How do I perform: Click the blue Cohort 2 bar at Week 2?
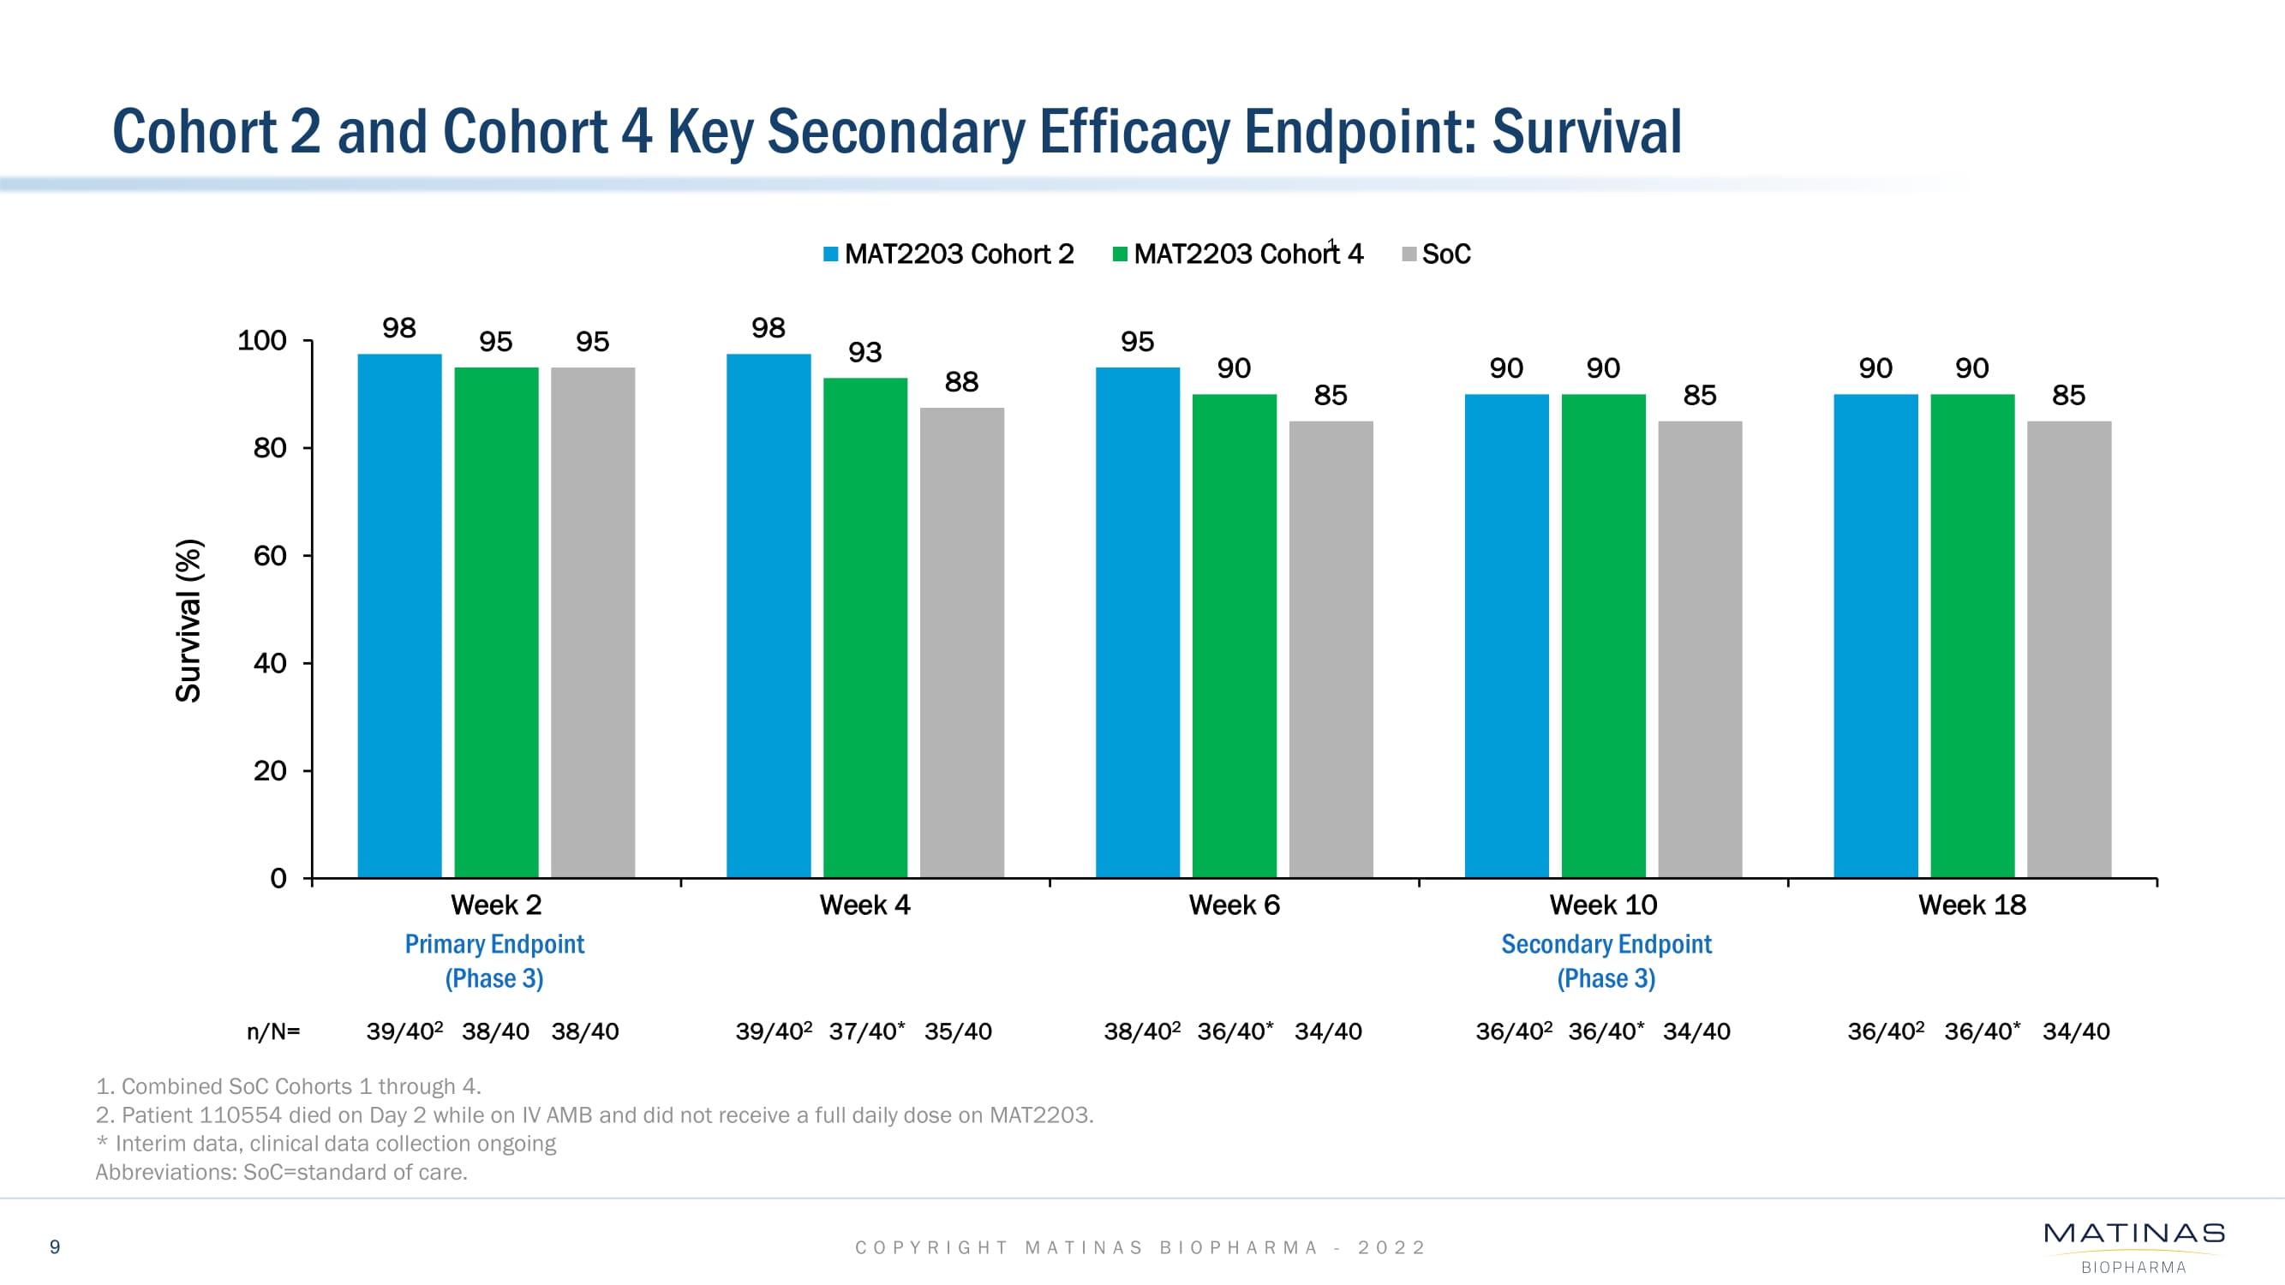[x=399, y=615]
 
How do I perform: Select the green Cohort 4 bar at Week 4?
[x=864, y=628]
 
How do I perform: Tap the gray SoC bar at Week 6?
[x=1331, y=649]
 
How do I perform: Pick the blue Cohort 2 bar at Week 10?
[x=1506, y=636]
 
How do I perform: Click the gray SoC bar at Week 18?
[x=2068, y=649]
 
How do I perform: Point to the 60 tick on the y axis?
[x=270, y=556]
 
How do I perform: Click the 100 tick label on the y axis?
[x=261, y=341]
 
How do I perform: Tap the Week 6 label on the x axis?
[x=1234, y=905]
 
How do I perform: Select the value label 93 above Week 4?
[x=864, y=353]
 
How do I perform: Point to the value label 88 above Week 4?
[x=961, y=382]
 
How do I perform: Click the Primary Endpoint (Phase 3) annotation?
[x=494, y=961]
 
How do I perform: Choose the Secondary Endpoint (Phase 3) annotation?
[x=1606, y=961]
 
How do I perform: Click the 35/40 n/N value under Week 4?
[x=958, y=1031]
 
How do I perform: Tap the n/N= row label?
[x=273, y=1031]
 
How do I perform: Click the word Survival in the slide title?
[x=1586, y=132]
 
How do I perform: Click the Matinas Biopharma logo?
[x=2133, y=1246]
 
